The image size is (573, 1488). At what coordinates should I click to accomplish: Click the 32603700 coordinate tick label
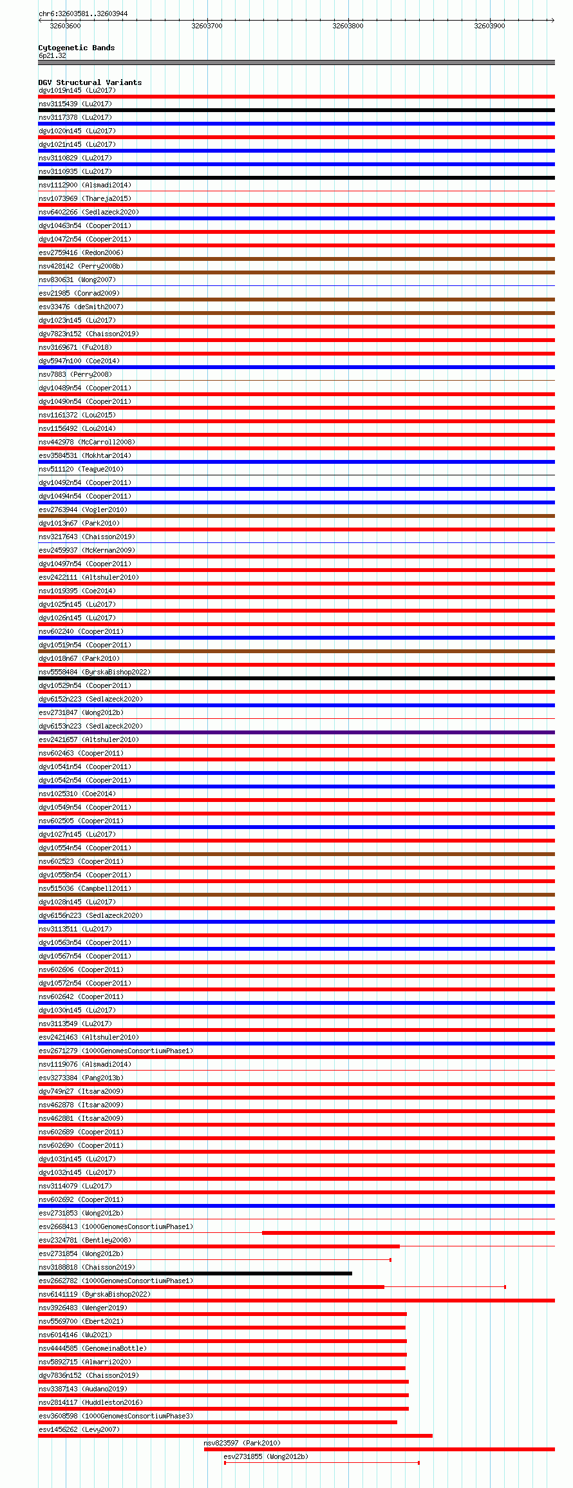[207, 26]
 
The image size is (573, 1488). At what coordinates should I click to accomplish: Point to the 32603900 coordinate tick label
[489, 26]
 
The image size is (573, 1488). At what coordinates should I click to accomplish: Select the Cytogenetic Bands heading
[76, 48]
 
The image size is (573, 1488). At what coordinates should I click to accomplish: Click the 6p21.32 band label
[52, 55]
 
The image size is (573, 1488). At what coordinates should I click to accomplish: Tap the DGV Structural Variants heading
[89, 82]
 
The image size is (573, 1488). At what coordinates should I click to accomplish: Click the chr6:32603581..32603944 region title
[82, 14]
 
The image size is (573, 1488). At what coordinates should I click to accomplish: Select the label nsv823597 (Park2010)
[242, 1443]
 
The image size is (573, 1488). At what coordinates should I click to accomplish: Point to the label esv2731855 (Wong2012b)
[265, 1456]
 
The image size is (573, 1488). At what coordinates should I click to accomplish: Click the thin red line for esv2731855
[322, 1463]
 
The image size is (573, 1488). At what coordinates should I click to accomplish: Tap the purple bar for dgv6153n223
[296, 732]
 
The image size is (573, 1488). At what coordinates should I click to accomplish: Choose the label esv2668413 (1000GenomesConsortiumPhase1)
[116, 1226]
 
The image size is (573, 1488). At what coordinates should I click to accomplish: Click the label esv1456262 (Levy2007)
[79, 1429]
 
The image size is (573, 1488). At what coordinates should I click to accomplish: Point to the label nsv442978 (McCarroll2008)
[87, 442]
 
